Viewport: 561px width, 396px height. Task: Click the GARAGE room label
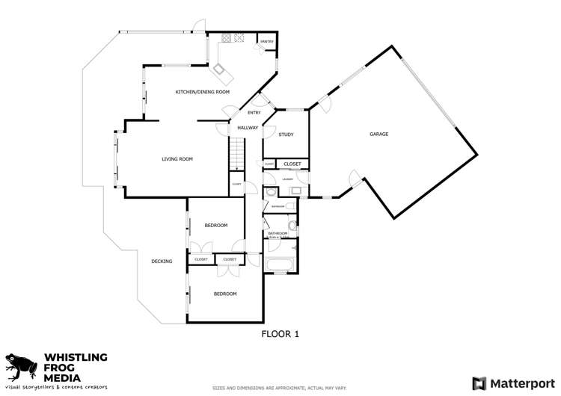378,134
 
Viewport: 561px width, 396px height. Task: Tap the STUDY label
286,134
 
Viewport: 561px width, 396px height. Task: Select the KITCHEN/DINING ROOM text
202,92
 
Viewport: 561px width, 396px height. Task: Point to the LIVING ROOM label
177,158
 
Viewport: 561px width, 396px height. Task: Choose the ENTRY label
254,113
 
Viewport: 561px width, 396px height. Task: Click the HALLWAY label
248,128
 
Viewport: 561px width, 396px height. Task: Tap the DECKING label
162,262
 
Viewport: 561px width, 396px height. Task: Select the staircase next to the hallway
237,158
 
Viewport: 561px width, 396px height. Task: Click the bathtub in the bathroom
280,264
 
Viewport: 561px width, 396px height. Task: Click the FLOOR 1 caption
280,334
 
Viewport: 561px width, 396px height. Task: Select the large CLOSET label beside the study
292,164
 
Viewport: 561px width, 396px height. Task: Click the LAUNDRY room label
286,179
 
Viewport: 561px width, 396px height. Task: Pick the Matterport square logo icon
479,383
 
